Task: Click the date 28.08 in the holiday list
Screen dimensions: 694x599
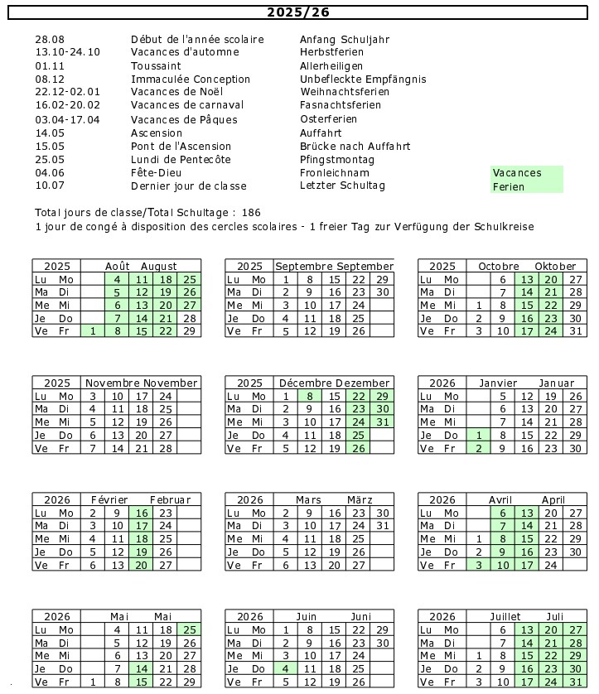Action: [x=50, y=39]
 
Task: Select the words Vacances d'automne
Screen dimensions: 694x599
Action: [x=185, y=52]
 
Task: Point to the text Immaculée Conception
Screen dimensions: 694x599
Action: [x=191, y=80]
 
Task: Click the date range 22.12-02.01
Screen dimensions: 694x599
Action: [x=68, y=92]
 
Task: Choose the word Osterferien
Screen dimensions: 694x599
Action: [x=329, y=119]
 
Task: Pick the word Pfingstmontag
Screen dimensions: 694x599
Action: [x=337, y=159]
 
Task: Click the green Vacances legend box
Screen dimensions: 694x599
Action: [x=527, y=172]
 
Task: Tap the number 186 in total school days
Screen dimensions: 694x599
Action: [x=252, y=213]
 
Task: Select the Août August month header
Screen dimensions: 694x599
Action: [x=141, y=266]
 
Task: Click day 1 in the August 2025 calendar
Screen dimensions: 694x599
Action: [x=93, y=331]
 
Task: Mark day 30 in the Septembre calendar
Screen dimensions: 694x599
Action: [x=382, y=292]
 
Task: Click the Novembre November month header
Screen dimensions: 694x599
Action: [x=142, y=383]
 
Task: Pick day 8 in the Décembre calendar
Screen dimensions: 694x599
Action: [x=309, y=396]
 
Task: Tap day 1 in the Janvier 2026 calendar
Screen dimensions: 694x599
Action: [x=478, y=435]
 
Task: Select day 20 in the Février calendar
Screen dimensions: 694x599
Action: [x=140, y=565]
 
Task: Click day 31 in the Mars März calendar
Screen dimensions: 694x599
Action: [x=382, y=526]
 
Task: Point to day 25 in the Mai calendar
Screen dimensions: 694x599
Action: [x=189, y=629]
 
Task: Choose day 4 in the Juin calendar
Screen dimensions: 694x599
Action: [x=285, y=668]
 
